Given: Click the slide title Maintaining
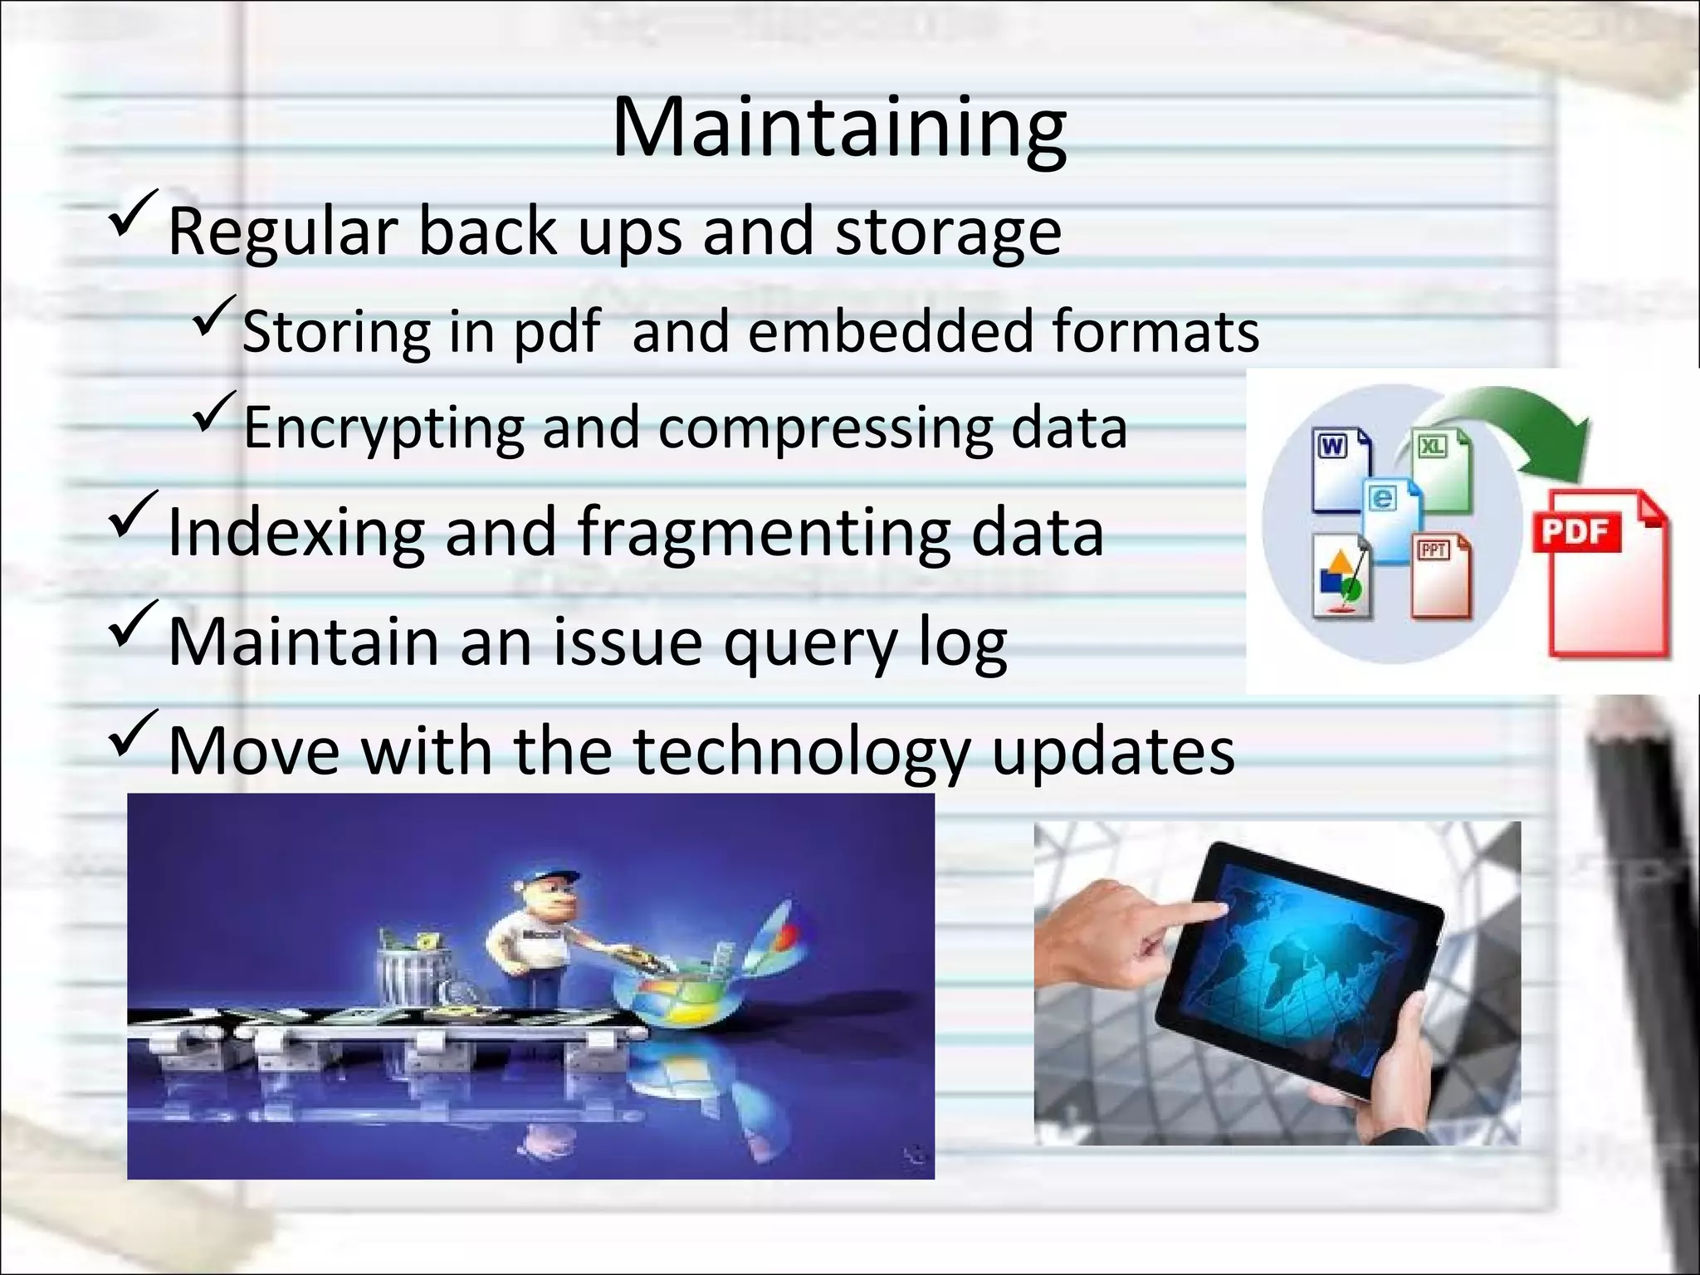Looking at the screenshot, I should tap(839, 129).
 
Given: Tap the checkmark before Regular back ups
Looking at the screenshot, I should tap(133, 213).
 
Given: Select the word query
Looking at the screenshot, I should tap(810, 643).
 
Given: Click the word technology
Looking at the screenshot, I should tap(800, 751).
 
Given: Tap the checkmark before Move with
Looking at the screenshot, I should tap(133, 731).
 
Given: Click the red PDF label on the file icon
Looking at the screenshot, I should tap(1575, 532).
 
